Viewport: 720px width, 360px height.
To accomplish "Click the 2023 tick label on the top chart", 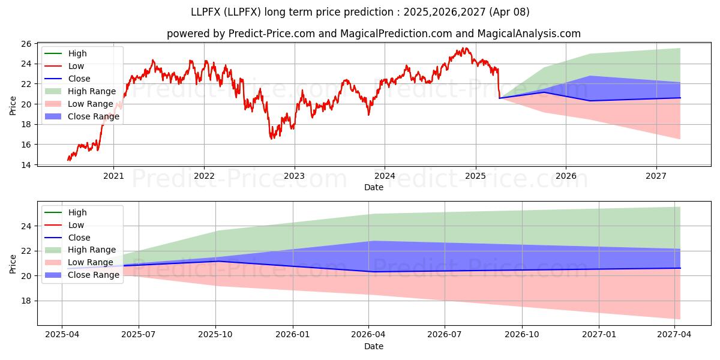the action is click(x=295, y=176).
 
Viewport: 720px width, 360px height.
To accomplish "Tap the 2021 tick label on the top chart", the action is click(x=113, y=176).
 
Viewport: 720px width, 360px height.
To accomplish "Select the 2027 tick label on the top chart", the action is click(x=656, y=176).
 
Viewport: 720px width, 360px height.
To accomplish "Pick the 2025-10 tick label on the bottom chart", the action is click(x=215, y=335).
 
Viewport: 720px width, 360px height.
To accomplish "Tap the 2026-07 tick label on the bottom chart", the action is click(x=445, y=335).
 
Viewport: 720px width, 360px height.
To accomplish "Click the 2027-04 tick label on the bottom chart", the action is click(x=674, y=335).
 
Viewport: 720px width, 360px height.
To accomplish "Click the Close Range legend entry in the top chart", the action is click(x=82, y=116).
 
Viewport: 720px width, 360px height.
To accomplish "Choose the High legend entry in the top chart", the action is click(x=65, y=53).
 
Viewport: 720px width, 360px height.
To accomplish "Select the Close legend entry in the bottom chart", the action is click(x=67, y=238).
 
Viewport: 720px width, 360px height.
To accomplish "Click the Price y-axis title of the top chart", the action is click(x=13, y=106).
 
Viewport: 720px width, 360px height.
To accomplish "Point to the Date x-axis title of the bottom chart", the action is click(x=374, y=346).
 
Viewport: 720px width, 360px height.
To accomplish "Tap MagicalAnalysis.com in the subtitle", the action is click(x=529, y=34).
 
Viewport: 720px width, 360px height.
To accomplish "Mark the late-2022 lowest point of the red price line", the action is click(x=272, y=139).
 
